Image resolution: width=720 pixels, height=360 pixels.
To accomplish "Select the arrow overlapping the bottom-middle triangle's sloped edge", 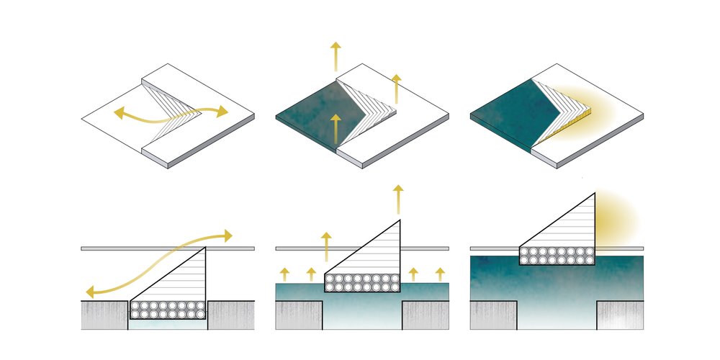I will [327, 246].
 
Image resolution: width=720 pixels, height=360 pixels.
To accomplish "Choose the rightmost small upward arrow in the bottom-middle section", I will [439, 274].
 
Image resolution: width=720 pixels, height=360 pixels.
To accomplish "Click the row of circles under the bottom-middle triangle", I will [362, 282].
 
